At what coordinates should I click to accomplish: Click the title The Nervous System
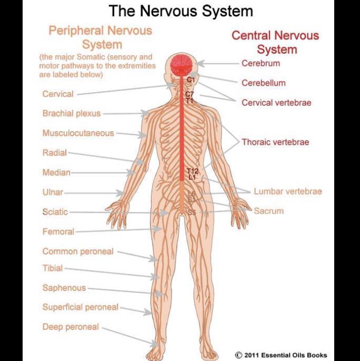pyautogui.click(x=181, y=11)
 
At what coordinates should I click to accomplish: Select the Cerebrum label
pyautogui.click(x=261, y=64)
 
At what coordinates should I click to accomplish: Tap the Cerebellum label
pyautogui.click(x=264, y=83)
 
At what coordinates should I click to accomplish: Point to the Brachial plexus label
pyautogui.click(x=72, y=113)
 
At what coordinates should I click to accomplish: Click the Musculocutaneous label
pyautogui.click(x=78, y=133)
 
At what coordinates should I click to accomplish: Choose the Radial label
pyautogui.click(x=55, y=153)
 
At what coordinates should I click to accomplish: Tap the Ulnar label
pyautogui.click(x=53, y=193)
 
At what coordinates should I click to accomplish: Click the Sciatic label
pyautogui.click(x=55, y=212)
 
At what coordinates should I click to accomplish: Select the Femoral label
pyautogui.click(x=58, y=232)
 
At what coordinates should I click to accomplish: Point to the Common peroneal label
pyautogui.click(x=78, y=252)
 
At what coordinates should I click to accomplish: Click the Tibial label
pyautogui.click(x=53, y=268)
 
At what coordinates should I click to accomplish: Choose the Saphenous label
pyautogui.click(x=64, y=288)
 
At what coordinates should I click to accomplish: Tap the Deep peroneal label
pyautogui.click(x=71, y=327)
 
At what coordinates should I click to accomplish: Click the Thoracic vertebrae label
pyautogui.click(x=275, y=142)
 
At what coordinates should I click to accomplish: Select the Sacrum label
pyautogui.click(x=269, y=211)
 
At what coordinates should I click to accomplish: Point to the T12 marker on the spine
pyautogui.click(x=192, y=172)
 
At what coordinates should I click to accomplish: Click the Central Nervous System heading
pyautogui.click(x=275, y=43)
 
